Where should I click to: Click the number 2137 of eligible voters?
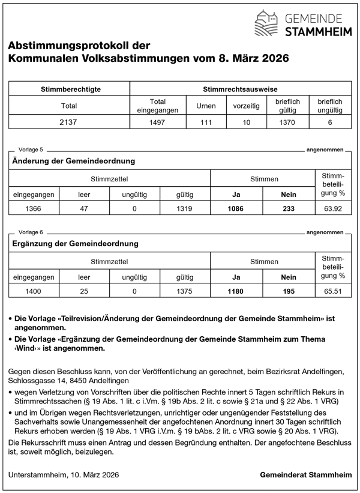click(x=69, y=121)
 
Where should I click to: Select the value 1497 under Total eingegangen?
click(x=151, y=121)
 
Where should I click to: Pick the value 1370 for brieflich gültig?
click(x=287, y=121)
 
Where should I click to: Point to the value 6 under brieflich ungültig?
click(x=329, y=121)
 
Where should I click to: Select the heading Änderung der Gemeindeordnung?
click(x=73, y=161)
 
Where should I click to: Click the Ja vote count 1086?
click(x=236, y=209)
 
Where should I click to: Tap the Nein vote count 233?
click(x=288, y=209)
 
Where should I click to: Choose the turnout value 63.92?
click(x=333, y=209)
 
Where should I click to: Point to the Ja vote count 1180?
click(x=236, y=292)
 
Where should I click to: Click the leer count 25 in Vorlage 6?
click(x=84, y=292)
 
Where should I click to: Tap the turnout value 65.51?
click(x=333, y=292)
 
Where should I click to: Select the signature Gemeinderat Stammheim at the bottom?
click(x=306, y=475)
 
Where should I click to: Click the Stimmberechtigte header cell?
click(x=69, y=89)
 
